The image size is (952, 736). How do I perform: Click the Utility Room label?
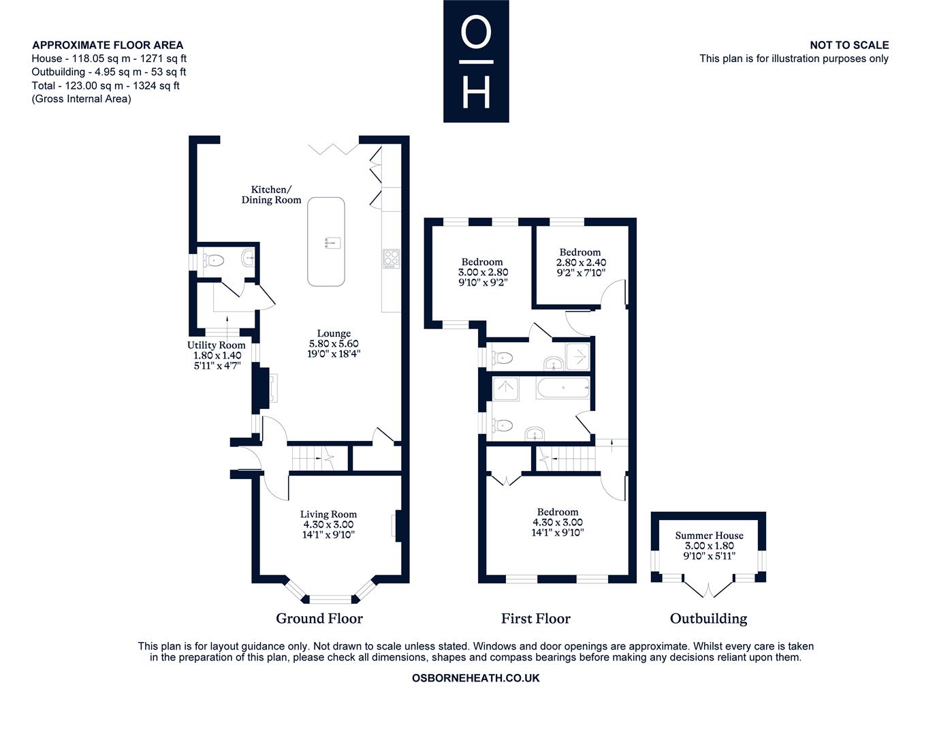point(217,345)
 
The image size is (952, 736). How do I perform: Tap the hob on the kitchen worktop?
point(391,259)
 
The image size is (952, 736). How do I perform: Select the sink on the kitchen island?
point(332,243)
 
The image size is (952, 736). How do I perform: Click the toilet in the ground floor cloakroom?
point(213,261)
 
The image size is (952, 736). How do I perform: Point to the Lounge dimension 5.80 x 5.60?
point(334,343)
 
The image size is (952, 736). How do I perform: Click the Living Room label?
point(328,515)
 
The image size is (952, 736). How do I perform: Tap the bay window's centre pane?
point(331,599)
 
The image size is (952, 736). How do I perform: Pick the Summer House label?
point(709,535)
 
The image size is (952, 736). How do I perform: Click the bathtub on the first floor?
point(563,388)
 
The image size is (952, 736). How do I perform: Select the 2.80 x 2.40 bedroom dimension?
point(581,262)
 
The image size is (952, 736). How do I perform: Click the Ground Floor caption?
point(319,619)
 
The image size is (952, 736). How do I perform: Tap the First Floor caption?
point(535,619)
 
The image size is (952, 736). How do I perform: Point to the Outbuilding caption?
point(708,619)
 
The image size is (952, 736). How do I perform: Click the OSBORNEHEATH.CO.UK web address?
point(476,678)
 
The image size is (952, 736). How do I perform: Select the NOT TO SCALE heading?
point(849,45)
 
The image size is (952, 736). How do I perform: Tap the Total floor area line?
point(106,85)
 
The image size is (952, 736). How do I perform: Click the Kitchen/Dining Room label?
point(271,195)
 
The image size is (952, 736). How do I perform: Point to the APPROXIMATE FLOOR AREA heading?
point(108,45)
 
